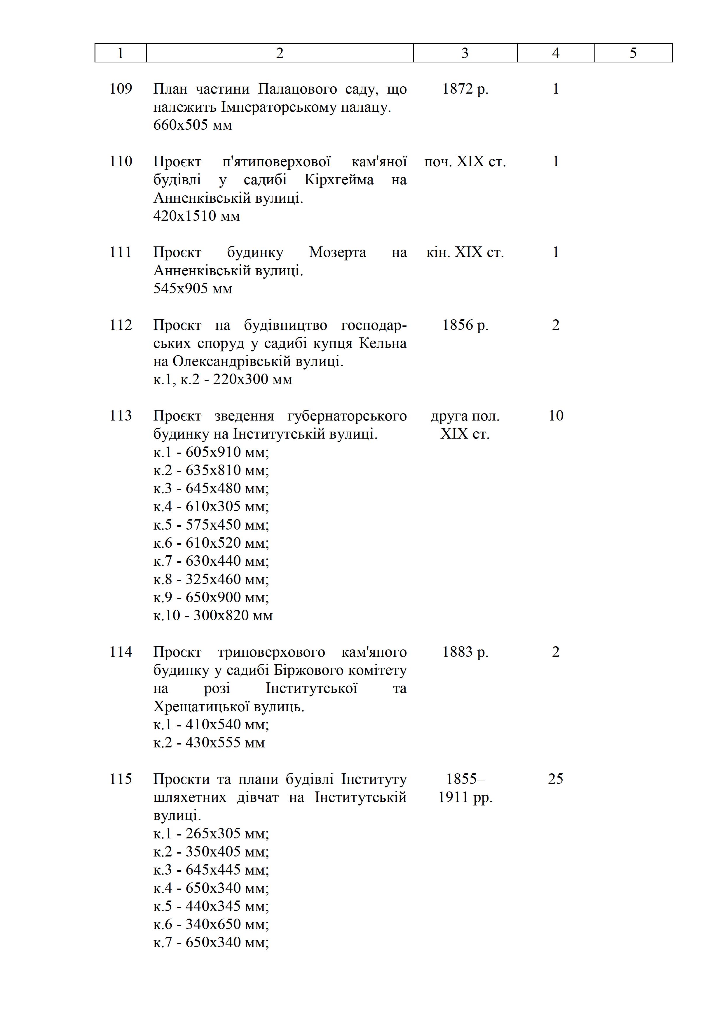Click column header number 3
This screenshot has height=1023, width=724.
tap(465, 53)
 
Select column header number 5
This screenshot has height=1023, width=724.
tap(633, 53)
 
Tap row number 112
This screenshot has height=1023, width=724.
tap(121, 325)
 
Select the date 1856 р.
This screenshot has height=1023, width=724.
tap(465, 325)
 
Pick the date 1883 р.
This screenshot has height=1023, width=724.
tap(465, 652)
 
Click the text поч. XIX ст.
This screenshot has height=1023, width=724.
tap(465, 161)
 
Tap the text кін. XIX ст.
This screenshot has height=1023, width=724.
tap(465, 252)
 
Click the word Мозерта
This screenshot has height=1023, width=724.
tap(337, 252)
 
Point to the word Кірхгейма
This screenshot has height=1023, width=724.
tap(339, 180)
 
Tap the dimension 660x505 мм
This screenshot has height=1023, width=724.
tap(193, 125)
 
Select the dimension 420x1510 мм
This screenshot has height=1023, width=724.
tap(197, 216)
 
